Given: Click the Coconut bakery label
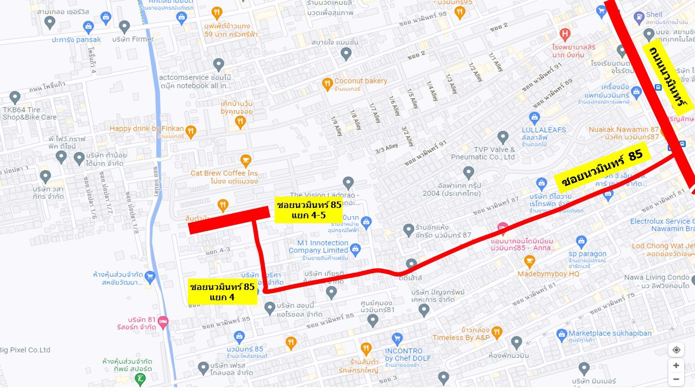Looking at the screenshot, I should (361, 81).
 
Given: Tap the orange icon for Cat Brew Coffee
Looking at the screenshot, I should (246, 161).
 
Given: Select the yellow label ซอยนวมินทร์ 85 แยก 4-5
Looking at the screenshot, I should (309, 210).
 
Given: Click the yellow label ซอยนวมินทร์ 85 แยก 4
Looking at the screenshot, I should (222, 292).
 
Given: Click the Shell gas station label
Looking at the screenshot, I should (654, 15).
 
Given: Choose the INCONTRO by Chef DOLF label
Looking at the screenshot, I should (408, 354).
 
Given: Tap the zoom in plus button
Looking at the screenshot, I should (676, 365).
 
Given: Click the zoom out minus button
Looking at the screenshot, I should (676, 379).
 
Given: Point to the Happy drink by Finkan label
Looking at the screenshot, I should (147, 129).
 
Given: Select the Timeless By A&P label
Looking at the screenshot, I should (461, 337).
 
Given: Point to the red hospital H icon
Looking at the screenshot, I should (565, 35).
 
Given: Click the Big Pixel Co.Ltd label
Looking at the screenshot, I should (25, 350).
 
